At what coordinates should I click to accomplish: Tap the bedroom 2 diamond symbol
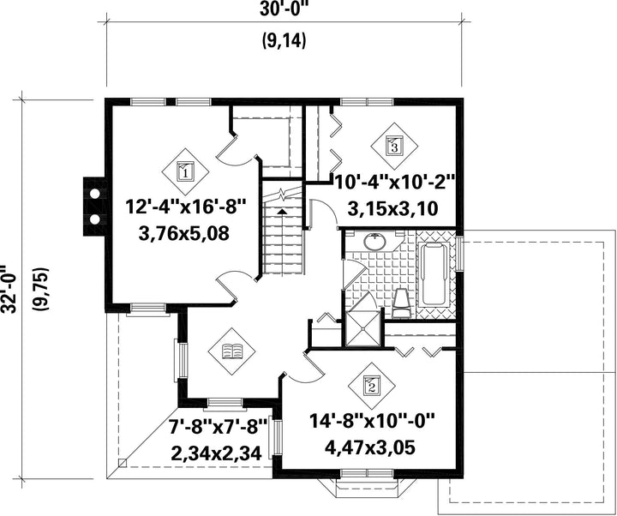[371, 385]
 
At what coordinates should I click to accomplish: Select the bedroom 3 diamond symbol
[394, 146]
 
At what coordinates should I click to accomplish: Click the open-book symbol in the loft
[232, 351]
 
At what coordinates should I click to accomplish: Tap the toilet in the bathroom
[402, 303]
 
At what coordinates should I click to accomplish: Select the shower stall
[363, 327]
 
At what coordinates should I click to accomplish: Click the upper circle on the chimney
[95, 194]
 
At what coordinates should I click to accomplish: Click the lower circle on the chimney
[95, 219]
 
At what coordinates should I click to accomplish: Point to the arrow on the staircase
[282, 212]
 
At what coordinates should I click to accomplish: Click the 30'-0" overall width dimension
[283, 10]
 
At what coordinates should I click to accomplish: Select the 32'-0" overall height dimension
[9, 290]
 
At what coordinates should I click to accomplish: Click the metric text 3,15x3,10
[392, 208]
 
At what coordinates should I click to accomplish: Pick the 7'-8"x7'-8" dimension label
[218, 427]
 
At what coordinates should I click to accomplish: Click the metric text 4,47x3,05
[371, 447]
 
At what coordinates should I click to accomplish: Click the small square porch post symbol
[123, 463]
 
